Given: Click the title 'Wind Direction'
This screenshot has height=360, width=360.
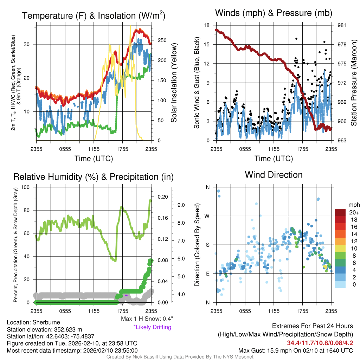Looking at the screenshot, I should (274, 175).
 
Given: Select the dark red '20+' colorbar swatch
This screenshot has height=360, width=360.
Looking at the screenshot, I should (340, 212).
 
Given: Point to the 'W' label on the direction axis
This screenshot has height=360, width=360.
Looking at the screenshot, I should (207, 216).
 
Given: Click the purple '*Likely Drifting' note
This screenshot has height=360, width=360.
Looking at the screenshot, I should (152, 327).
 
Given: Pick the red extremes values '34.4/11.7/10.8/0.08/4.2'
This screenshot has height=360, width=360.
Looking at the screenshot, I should (320, 343).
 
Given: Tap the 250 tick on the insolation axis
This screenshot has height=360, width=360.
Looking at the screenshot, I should (162, 40).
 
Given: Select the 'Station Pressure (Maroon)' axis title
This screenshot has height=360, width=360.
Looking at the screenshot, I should (354, 83).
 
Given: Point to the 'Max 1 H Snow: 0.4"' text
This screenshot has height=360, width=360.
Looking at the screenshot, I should (147, 319).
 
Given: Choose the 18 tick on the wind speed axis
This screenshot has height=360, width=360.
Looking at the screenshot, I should (207, 25).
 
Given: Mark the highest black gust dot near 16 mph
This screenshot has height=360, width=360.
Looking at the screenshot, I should (296, 39).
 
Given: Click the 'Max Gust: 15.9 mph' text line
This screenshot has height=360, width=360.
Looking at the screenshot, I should (295, 350).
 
